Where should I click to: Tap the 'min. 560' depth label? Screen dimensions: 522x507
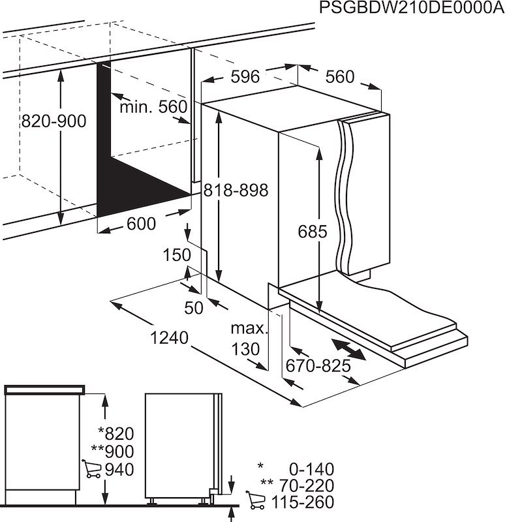153,107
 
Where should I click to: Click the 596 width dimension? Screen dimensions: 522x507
245,77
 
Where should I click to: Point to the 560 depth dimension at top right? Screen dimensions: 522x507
339,77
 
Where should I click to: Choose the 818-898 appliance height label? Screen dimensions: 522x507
236,191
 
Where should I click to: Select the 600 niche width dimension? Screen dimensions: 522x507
141,224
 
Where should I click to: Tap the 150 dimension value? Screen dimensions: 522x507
177,254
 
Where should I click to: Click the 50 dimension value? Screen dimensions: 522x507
194,308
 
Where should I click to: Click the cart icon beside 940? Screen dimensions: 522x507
92,468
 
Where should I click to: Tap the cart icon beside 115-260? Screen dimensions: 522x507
255,501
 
